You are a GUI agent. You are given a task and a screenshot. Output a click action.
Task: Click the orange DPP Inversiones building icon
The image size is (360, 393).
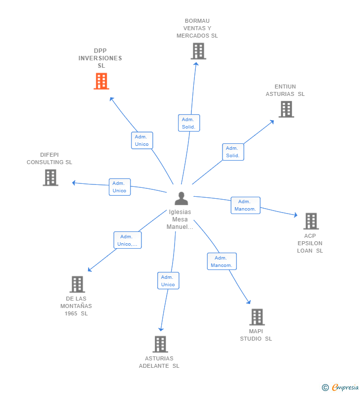[x=101, y=81]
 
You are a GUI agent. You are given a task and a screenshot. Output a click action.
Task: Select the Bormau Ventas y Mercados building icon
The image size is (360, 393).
[x=198, y=51]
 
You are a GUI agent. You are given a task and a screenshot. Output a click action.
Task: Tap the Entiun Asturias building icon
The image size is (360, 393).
[x=286, y=109]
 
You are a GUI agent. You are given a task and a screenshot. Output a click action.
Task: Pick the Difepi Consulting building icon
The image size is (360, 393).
[x=50, y=177]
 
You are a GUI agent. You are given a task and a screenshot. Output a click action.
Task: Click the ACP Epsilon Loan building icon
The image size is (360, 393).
[x=311, y=221]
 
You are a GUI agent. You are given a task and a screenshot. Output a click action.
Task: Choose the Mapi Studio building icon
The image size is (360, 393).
[x=257, y=317]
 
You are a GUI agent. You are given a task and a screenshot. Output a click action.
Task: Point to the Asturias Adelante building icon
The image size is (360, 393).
[x=160, y=344]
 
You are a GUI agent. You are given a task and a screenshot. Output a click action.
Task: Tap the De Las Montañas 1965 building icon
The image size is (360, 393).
[x=77, y=284]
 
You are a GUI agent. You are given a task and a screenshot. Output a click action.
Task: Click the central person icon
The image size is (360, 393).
[x=181, y=198]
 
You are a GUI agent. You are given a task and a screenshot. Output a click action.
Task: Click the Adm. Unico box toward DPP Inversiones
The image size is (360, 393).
[x=142, y=140]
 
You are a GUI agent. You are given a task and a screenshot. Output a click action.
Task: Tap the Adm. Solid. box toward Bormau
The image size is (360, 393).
[x=189, y=123]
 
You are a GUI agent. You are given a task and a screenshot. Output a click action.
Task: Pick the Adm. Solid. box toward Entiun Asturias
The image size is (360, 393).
[x=233, y=152]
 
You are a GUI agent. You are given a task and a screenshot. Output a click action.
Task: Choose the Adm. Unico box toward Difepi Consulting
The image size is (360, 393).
[x=119, y=187]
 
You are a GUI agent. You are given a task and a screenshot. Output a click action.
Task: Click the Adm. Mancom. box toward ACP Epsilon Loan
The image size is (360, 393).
[x=245, y=205]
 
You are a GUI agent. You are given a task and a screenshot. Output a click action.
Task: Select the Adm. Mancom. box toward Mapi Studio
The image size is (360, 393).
[x=222, y=262]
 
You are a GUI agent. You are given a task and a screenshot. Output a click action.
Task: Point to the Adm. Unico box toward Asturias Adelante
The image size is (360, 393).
[x=168, y=281]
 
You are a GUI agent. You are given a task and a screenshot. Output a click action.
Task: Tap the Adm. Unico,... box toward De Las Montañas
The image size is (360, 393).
[x=128, y=240]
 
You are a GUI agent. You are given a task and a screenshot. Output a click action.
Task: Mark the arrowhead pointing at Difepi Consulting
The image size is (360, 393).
[x=74, y=183]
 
